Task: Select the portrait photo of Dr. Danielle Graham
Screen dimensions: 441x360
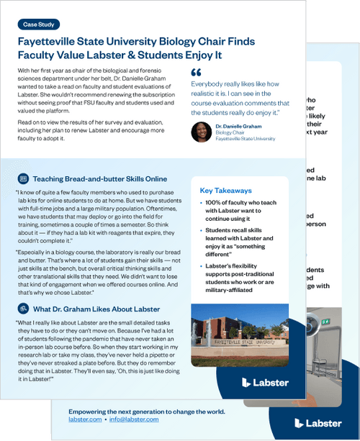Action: click(201, 131)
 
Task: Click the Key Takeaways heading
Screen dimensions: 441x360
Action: click(225, 191)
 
